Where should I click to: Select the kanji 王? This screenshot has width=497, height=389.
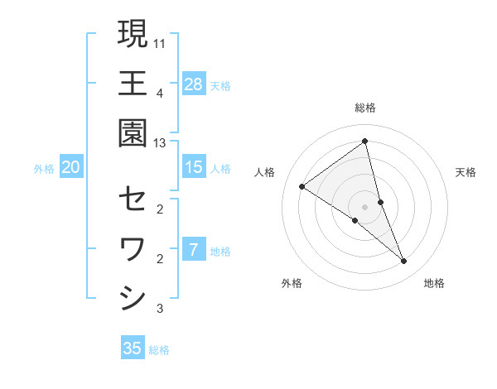click(133, 84)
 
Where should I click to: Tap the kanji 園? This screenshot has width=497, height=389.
click(133, 134)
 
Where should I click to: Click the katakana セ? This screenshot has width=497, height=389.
click(133, 199)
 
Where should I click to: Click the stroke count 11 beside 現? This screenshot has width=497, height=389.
click(160, 42)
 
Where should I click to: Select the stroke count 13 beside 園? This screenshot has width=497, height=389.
click(160, 143)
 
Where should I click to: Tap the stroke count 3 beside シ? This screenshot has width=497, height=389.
click(160, 310)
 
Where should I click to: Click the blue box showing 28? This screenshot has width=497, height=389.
click(194, 84)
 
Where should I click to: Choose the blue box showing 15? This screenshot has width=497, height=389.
click(194, 167)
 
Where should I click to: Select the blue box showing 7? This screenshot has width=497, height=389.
click(194, 249)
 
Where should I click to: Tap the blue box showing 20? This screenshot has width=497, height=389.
click(70, 167)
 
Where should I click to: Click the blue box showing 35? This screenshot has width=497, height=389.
click(133, 348)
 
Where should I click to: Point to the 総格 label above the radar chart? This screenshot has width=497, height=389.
click(365, 108)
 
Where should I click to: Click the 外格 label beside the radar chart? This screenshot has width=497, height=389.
click(292, 283)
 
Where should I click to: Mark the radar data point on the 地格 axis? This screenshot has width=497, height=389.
click(404, 262)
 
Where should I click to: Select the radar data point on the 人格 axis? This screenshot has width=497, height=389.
click(302, 186)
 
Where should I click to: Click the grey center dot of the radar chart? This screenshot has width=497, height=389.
click(365, 206)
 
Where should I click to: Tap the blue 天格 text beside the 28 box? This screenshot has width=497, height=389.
click(220, 85)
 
